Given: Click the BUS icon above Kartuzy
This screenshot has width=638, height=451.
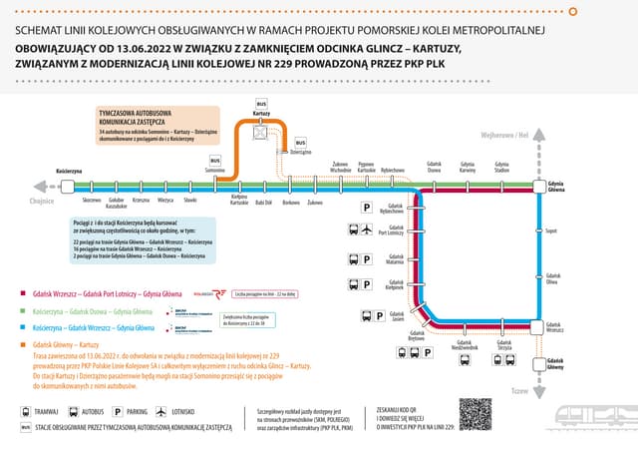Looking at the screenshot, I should pos(262,104).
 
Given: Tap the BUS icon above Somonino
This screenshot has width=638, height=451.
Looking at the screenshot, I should pos(215,160).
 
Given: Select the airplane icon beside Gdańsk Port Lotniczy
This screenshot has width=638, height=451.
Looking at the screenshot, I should pos(367,232).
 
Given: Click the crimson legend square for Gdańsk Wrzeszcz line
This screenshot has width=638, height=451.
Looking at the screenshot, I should pos(23,294).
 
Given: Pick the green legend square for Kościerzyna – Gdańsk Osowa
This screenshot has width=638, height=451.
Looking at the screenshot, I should pos(23,311).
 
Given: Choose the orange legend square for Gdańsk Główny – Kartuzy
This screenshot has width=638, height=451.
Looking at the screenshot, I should pos(23,344).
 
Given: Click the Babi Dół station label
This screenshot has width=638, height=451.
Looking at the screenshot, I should pos(263,203).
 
